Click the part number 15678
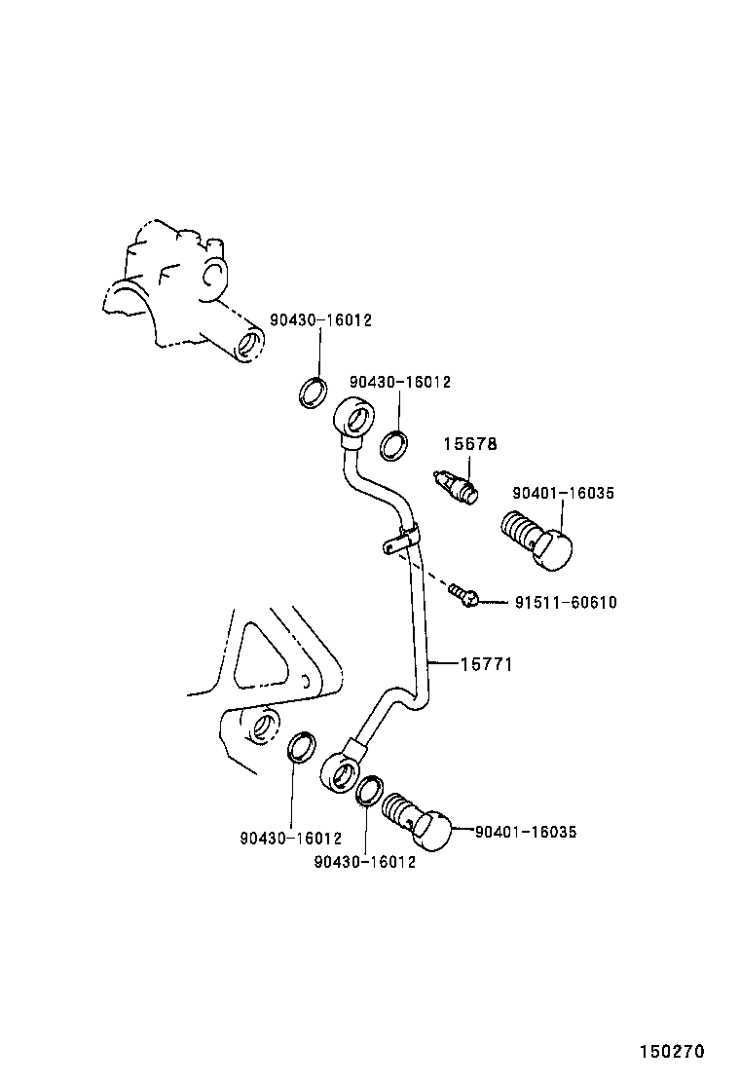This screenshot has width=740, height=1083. tap(470, 444)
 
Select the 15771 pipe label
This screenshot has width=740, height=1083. tap(486, 664)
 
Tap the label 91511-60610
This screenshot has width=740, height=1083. tap(565, 603)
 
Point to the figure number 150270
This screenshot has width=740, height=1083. tap(671, 1052)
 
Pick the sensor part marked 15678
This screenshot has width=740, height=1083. tap(456, 486)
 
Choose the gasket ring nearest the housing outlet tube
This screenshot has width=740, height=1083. tap(312, 392)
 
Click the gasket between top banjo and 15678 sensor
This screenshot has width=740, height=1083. tap(393, 443)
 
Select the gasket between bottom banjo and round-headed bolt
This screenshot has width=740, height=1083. tap(369, 791)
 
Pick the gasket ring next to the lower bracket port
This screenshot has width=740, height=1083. tap(301, 745)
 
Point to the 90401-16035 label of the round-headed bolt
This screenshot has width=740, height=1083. tap(526, 832)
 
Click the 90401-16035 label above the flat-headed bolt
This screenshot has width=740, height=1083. tap(564, 494)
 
